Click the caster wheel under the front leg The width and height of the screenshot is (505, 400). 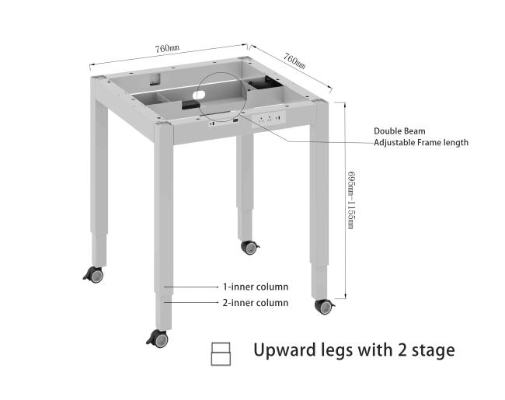pos(158,339)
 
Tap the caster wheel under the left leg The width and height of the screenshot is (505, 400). pos(94,275)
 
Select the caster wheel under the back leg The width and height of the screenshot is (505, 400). pos(250,247)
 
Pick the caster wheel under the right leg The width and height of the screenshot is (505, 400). pos(325,307)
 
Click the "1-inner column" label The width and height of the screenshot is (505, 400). pos(256,287)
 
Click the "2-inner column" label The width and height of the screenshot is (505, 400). pos(256,303)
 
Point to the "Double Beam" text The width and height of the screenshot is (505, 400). pos(399,131)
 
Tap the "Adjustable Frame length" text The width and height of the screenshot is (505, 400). pos(421,142)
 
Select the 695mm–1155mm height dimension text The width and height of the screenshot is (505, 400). pos(351,200)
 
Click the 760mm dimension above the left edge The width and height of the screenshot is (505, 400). pos(167,48)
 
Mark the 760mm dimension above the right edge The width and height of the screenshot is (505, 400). pos(294,61)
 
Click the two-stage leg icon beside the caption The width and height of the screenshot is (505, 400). pos(221,354)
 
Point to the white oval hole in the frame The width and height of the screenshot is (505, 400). pos(199,95)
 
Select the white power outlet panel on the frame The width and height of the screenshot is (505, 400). pos(269,119)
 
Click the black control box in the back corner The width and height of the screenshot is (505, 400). pos(265,83)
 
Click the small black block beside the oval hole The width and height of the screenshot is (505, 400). pos(191,104)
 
